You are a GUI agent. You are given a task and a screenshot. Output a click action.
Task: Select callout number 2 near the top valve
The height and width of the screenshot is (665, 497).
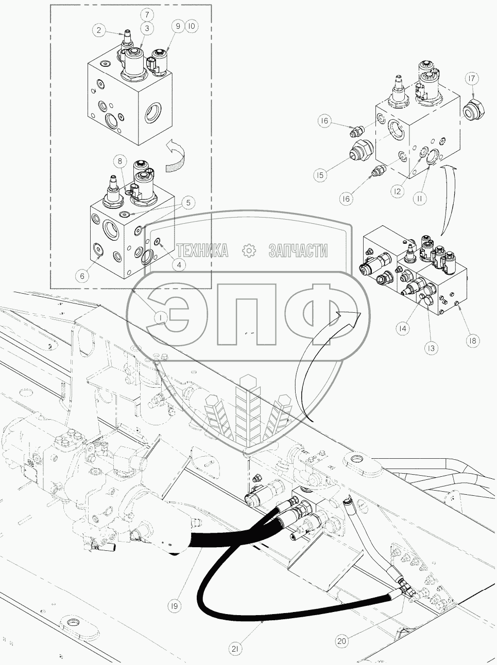pos(99,30)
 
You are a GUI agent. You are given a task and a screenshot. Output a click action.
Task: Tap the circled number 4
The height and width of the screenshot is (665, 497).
pos(179,265)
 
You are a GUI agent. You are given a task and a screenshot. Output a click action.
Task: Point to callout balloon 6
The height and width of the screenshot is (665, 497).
pos(81,276)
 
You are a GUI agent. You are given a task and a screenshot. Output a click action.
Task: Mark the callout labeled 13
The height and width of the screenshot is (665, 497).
pos(431,348)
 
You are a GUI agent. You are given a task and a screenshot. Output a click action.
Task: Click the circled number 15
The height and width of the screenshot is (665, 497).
pos(320,175)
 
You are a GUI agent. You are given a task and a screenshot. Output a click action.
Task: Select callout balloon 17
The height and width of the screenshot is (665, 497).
pos(472,78)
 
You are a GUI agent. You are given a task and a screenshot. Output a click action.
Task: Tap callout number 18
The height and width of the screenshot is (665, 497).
pos(472,340)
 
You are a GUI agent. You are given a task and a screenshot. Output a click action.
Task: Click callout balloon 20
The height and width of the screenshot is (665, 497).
pos(341,641)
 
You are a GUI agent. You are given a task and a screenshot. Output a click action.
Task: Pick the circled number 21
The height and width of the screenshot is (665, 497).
pos(235,650)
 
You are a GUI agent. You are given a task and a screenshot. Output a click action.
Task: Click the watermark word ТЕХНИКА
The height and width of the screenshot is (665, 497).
pos(202,250)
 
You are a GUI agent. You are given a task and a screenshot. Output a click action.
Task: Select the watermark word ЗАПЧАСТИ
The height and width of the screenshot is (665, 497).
pos(298,250)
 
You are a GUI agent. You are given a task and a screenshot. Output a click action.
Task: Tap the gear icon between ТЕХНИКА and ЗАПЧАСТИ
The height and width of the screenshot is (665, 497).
pos(248,250)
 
